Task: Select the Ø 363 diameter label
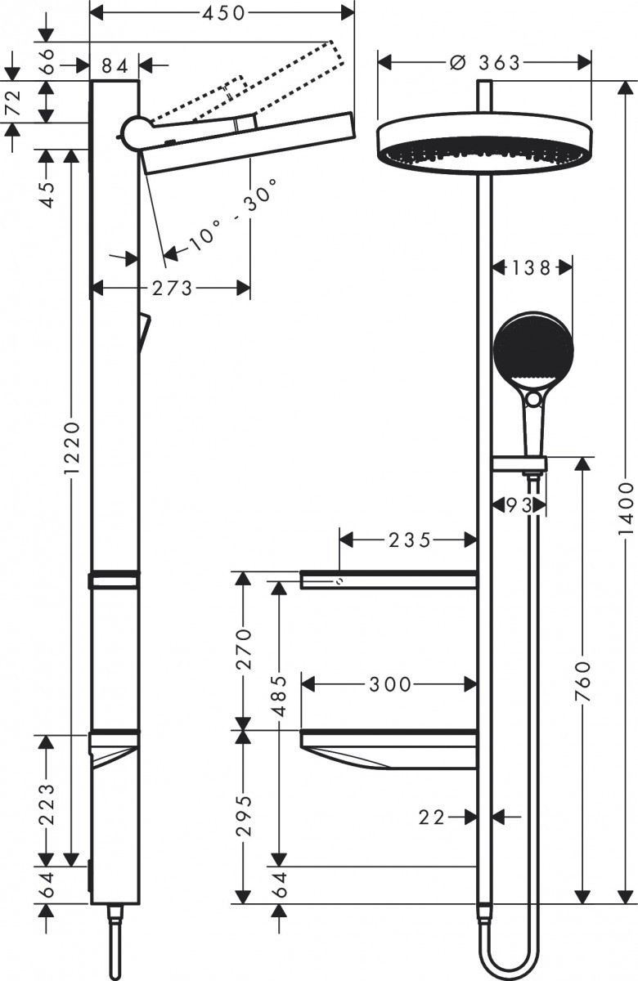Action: click(485, 63)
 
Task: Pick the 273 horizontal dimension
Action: click(171, 288)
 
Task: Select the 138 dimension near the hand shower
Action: click(532, 267)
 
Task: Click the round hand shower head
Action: click(533, 350)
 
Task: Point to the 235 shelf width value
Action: click(409, 540)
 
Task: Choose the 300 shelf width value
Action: click(390, 684)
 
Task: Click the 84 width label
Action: click(115, 65)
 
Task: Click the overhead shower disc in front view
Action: click(485, 142)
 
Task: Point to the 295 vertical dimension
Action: click(241, 816)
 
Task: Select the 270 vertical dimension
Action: click(241, 650)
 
